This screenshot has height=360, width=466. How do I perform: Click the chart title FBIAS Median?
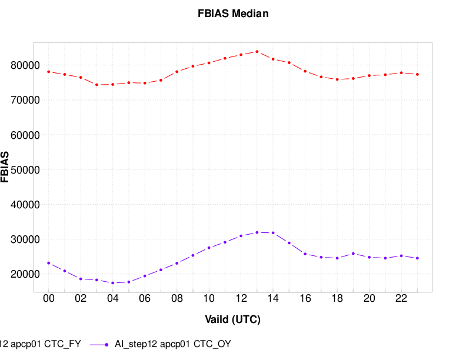pyautogui.click(x=233, y=14)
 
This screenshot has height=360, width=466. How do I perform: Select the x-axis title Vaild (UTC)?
pyautogui.click(x=233, y=320)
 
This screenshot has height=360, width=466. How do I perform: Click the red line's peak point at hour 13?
pyautogui.click(x=257, y=52)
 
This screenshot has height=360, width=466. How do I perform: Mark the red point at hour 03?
pyautogui.click(x=96, y=85)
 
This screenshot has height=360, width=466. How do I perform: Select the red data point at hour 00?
pyautogui.click(x=49, y=72)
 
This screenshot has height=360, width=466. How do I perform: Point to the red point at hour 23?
pyautogui.click(x=417, y=74)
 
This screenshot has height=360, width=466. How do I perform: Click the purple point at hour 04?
pyautogui.click(x=112, y=283)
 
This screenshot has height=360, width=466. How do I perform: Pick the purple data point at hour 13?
pyautogui.click(x=257, y=232)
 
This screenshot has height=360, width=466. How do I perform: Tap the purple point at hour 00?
pyautogui.click(x=49, y=263)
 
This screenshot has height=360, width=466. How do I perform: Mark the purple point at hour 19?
pyautogui.click(x=353, y=254)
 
